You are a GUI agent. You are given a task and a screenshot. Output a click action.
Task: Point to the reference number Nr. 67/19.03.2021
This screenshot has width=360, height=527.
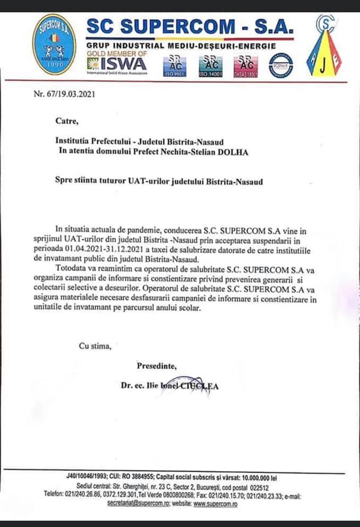point(65,94)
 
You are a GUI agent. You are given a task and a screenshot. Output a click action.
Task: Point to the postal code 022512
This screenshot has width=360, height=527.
point(257,486)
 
